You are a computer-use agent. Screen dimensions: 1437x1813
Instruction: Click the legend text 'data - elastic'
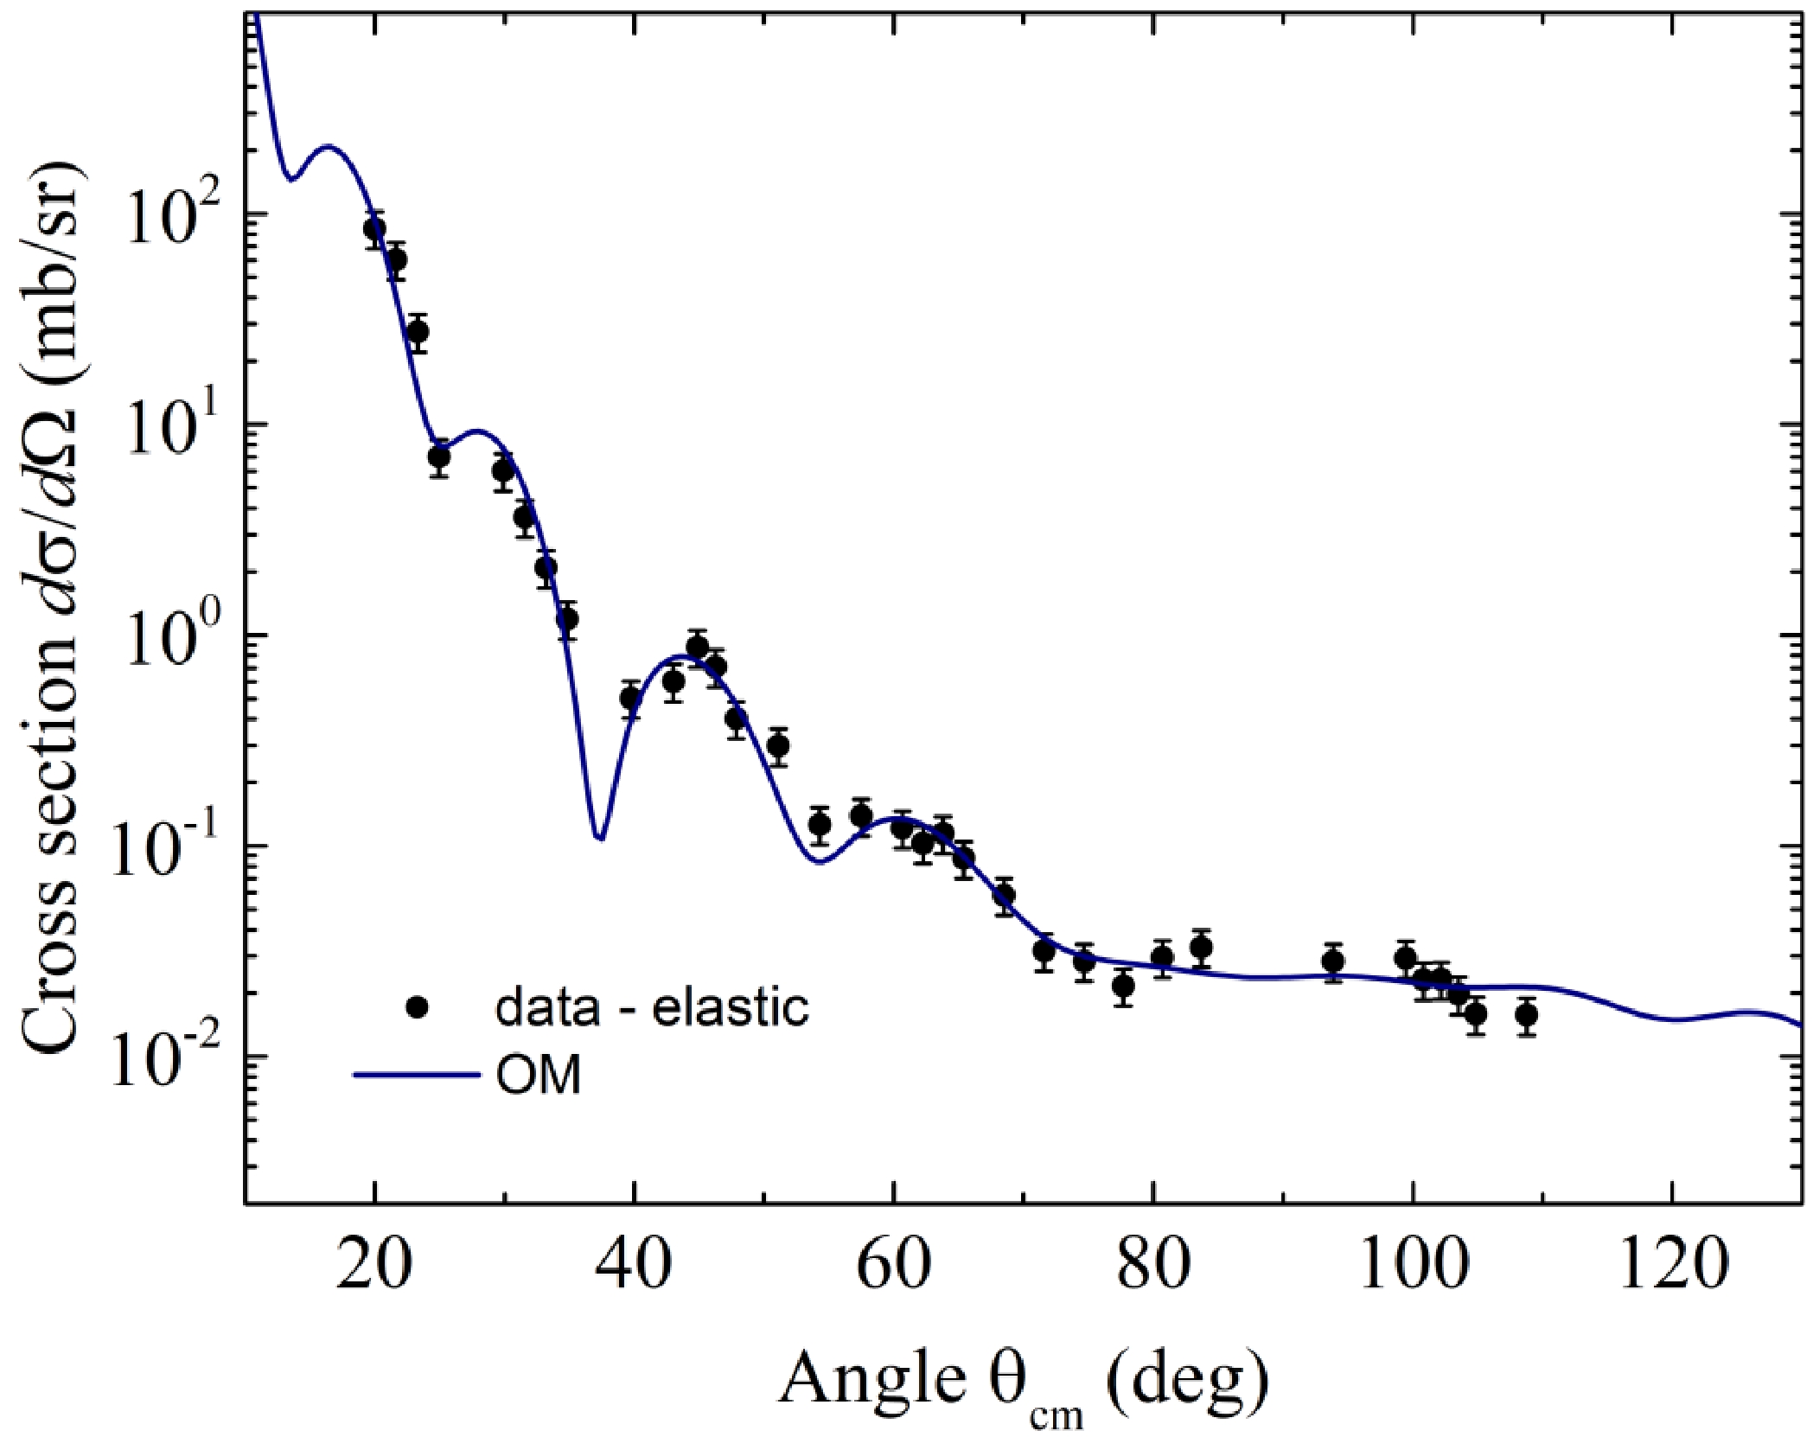[652, 1007]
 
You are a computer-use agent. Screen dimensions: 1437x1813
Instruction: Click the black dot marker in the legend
[418, 1006]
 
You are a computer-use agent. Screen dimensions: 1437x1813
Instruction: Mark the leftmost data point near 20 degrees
[374, 229]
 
